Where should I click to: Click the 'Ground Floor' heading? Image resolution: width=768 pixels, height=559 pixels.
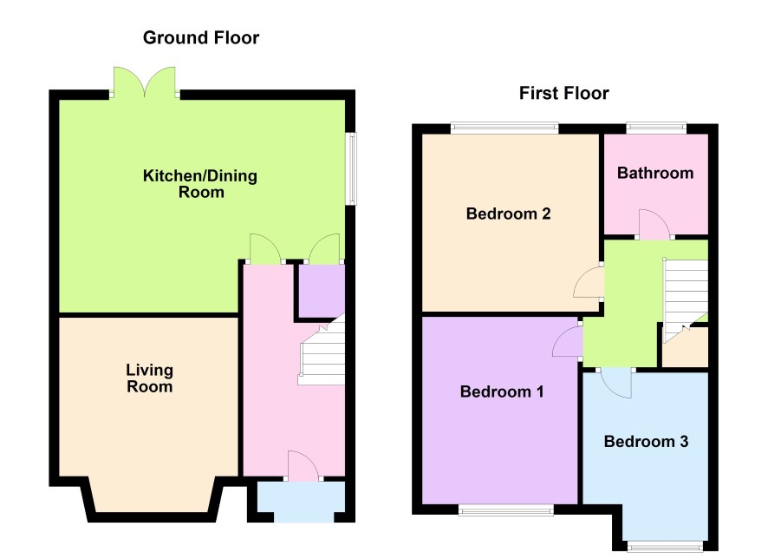201,37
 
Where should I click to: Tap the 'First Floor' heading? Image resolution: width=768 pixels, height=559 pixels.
563,93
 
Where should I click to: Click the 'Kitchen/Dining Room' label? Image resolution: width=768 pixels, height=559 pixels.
200,184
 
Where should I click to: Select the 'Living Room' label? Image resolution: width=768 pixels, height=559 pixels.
149,378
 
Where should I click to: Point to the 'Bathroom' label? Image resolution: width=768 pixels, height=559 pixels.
655,173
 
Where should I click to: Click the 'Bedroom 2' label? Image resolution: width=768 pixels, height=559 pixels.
509,214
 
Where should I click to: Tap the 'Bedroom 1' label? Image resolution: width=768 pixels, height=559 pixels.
502,391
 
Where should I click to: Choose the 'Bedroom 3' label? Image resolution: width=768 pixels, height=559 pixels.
646,442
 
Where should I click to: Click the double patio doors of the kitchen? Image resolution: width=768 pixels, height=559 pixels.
145,82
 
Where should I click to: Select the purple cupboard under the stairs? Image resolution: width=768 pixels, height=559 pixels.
322,290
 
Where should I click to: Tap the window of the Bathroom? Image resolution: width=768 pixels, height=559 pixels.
656,127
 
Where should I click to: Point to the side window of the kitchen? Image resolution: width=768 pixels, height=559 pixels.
351,168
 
